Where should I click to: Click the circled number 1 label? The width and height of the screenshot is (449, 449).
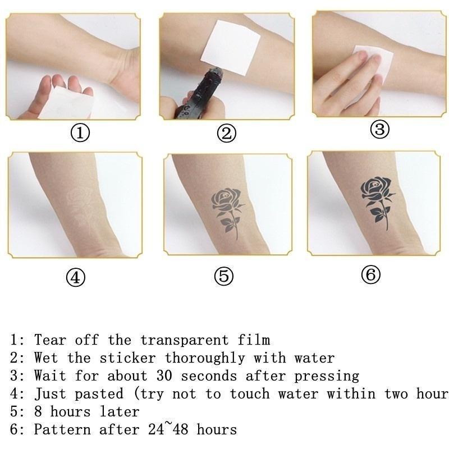80,134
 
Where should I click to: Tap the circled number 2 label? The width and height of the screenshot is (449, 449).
227,134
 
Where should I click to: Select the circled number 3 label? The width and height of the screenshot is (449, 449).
380,129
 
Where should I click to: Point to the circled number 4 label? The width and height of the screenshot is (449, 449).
76,277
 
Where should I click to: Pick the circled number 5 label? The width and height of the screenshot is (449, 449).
224,276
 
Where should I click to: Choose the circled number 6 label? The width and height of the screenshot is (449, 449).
370,274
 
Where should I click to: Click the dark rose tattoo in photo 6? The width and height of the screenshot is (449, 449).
377,200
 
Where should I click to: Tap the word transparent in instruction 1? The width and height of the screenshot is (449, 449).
185,340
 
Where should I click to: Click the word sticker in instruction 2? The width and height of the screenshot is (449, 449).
128,358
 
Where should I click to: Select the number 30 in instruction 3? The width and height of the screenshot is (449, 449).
164,375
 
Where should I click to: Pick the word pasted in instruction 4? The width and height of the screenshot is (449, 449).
99,394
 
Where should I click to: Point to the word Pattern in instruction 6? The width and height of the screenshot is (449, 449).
62,429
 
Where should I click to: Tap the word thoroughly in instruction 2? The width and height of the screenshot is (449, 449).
205,358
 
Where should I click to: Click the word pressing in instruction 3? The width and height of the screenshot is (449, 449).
327,376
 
